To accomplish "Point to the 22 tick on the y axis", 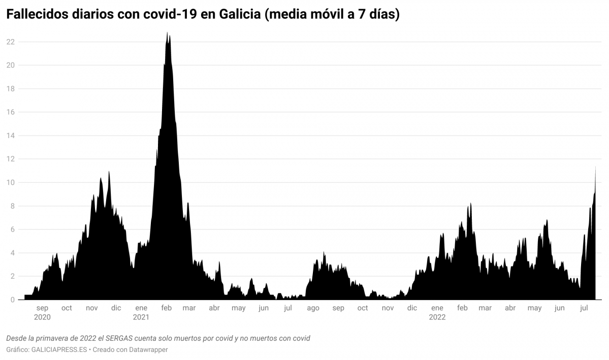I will pos(10,42).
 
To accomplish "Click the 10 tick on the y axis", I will pos(10,183).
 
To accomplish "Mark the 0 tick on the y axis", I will pos(12,300).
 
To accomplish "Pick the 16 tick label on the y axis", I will pos(10,112).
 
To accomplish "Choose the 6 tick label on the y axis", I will pos(12,230).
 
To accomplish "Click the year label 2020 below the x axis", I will pos(42,317).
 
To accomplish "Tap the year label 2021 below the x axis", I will pos(141,317).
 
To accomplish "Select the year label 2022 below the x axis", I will pos(437,317).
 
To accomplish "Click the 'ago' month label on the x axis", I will pos(313,308).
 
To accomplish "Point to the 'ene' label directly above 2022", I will pos(437,308).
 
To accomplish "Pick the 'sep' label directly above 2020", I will pos(42,308).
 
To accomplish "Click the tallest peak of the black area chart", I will pos(167,33).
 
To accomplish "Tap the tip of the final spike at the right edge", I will pos(595,167).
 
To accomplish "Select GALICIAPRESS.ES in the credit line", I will pos(59,350).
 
